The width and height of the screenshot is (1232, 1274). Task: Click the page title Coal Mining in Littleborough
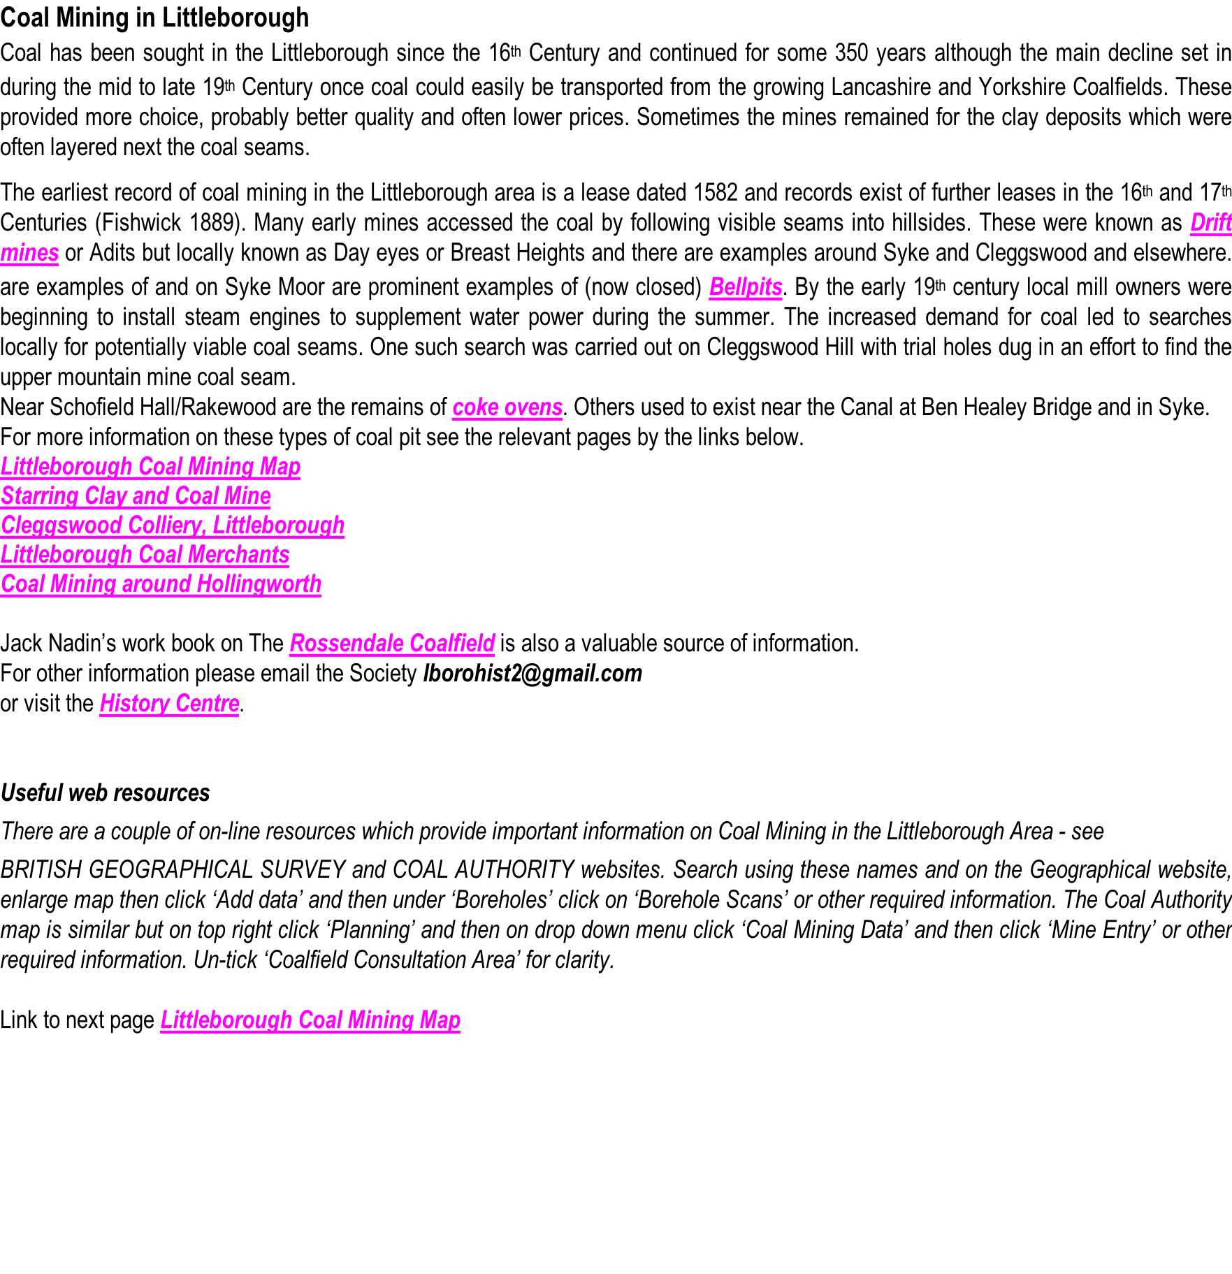154,17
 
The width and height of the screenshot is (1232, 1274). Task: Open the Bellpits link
745,287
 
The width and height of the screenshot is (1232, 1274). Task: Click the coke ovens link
507,407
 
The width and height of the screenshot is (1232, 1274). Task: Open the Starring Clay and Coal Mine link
136,496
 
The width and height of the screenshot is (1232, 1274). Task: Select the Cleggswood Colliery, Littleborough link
172,526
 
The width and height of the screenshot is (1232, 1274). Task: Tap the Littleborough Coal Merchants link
145,555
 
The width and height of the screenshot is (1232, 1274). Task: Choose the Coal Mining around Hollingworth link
161,584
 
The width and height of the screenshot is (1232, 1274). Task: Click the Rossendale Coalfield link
392,644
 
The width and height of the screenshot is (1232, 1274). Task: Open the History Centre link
169,704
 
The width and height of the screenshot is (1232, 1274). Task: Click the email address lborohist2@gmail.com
532,674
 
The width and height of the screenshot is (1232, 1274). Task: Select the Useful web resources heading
105,793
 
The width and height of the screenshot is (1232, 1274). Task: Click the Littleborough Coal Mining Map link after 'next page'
310,1020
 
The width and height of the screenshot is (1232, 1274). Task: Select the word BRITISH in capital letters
40,870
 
